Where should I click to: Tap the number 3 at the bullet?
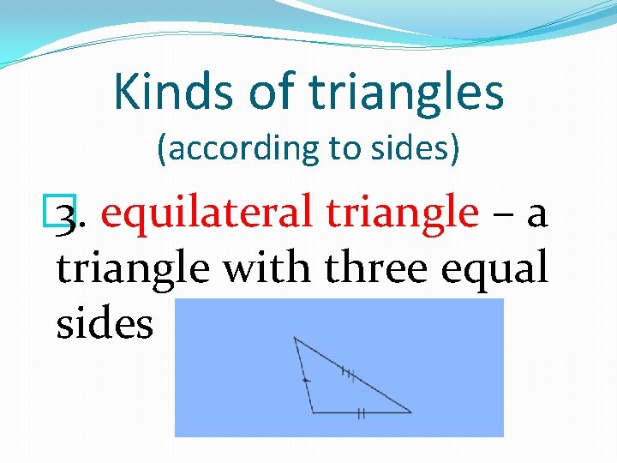67,214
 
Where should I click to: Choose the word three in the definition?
375,268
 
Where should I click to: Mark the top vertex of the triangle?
294,338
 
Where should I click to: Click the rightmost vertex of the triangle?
411,412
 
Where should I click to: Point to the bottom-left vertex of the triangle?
313,412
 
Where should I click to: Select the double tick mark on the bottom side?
361,413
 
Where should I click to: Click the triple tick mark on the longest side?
348,372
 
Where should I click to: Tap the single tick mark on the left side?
305,378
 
